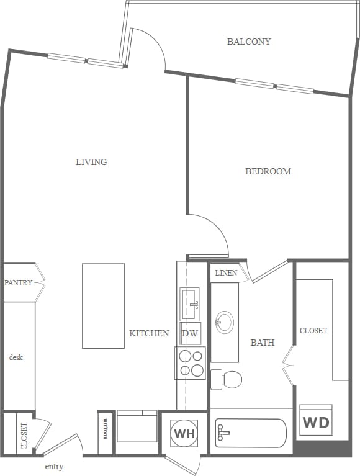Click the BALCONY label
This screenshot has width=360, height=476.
tap(249, 42)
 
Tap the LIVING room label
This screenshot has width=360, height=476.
tap(91, 162)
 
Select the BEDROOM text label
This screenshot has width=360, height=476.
tap(268, 171)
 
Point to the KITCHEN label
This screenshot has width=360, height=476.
tap(149, 333)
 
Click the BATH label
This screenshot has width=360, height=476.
tap(263, 343)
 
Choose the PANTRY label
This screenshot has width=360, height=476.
tap(18, 283)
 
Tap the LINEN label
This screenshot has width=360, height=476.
tap(226, 273)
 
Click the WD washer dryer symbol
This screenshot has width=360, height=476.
tap(316, 423)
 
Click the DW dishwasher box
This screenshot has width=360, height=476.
tap(190, 333)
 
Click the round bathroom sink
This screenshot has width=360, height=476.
tap(224, 321)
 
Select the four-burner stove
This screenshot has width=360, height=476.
tap(191, 363)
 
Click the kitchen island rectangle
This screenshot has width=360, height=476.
tap(103, 306)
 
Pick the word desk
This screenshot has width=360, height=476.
tap(16, 357)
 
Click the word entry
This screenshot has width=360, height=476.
tap(54, 467)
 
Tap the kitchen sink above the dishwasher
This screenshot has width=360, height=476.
tap(190, 303)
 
